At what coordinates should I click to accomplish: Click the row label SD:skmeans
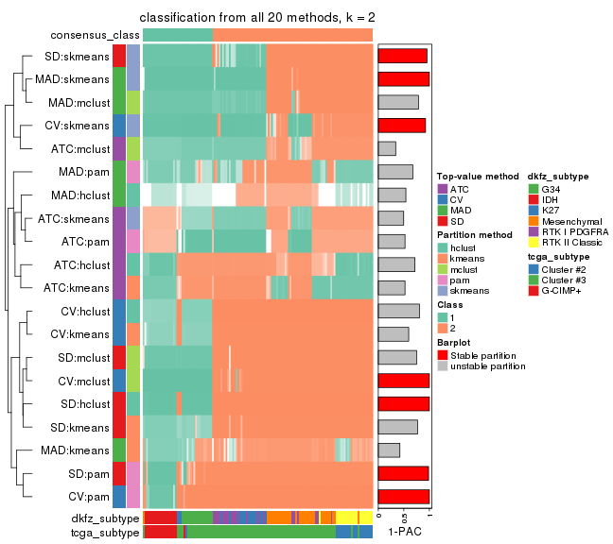pos(79,56)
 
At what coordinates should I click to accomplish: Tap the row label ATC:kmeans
pos(78,287)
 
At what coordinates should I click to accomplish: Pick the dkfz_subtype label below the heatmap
pos(105,518)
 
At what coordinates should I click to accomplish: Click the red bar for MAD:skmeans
pos(403,79)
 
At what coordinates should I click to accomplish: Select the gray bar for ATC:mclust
pos(387,148)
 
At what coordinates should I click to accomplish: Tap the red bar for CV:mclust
pos(403,380)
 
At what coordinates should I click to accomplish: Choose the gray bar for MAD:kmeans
pos(389,450)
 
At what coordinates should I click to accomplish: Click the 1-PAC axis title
pos(404,533)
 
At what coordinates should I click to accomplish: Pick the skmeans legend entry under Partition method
pos(464,291)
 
